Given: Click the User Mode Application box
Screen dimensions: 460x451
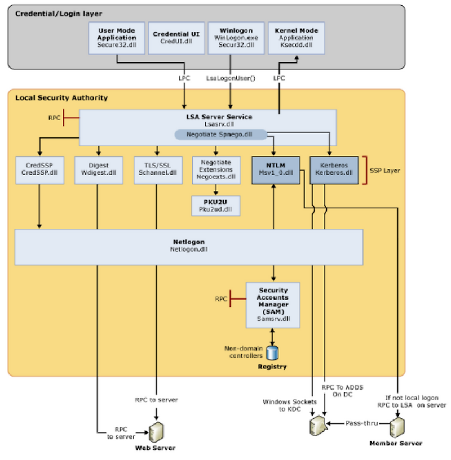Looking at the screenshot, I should [117, 38].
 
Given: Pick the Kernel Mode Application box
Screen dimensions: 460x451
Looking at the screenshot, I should [295, 38].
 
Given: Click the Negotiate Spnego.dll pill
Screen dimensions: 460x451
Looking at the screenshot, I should [220, 135].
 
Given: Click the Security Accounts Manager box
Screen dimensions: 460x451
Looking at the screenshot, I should [273, 305].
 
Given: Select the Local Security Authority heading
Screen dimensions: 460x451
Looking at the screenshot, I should [61, 98].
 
